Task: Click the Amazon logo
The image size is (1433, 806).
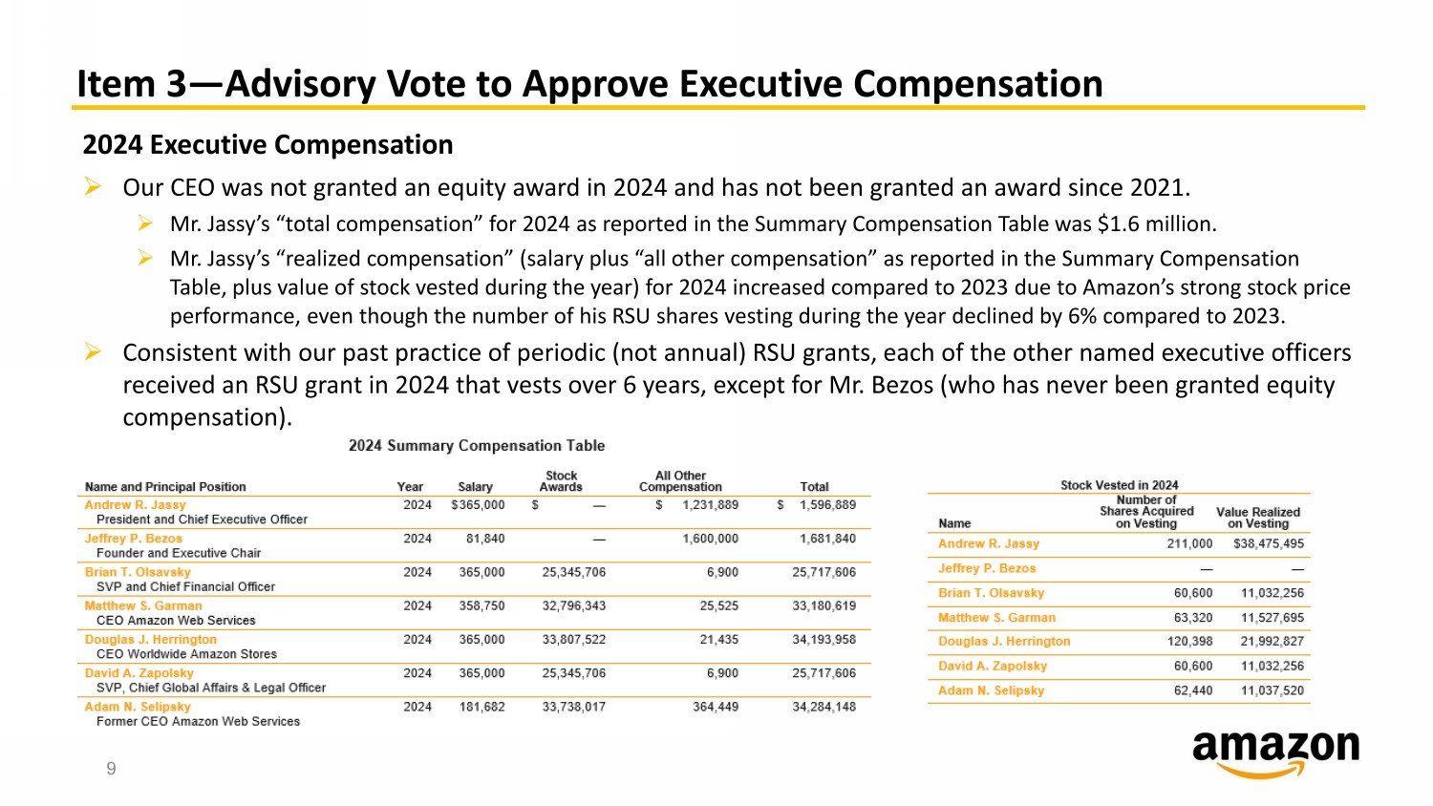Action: pos(1275,753)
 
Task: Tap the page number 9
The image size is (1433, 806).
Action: pos(111,769)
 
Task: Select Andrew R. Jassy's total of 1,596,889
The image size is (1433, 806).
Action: pos(827,505)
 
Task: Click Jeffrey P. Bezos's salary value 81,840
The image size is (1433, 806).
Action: pos(485,539)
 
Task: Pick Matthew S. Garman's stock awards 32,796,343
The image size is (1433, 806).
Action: pos(573,605)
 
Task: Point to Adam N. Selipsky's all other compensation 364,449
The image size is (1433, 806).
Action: pos(715,707)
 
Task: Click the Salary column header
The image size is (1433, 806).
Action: pos(475,486)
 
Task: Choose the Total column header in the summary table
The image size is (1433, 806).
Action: pos(814,486)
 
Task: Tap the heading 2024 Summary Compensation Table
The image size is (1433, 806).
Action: pos(476,446)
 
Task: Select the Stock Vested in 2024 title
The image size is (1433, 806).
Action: pos(1119,485)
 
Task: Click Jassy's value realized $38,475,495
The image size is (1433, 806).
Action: pos(1268,543)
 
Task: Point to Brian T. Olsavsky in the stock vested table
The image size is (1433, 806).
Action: pos(991,593)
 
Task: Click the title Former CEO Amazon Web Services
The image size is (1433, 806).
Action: pos(198,721)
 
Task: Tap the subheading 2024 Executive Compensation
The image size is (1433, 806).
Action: pos(267,145)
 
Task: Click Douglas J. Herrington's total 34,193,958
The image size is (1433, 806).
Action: pos(823,639)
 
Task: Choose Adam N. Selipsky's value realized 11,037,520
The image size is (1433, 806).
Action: pos(1272,690)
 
